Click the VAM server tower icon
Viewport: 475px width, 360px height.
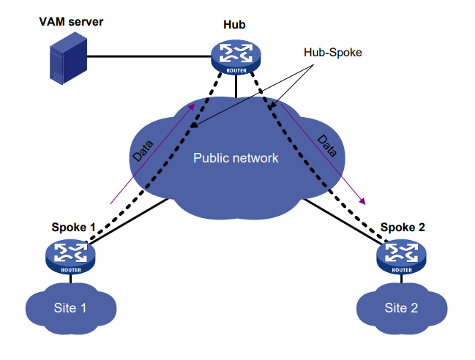(67, 61)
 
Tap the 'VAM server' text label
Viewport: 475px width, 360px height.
(71, 21)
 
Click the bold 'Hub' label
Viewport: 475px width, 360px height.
(234, 26)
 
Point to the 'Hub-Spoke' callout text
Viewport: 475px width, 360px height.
(332, 53)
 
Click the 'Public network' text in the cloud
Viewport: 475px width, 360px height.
(236, 157)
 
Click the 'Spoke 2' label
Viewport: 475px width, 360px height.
(402, 228)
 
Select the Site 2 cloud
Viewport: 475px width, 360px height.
(401, 308)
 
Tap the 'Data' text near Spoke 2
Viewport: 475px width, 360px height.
(327, 146)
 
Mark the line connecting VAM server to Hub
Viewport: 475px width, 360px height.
(150, 56)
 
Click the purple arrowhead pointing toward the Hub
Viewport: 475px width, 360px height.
(192, 107)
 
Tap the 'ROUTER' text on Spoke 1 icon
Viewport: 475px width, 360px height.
(71, 270)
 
